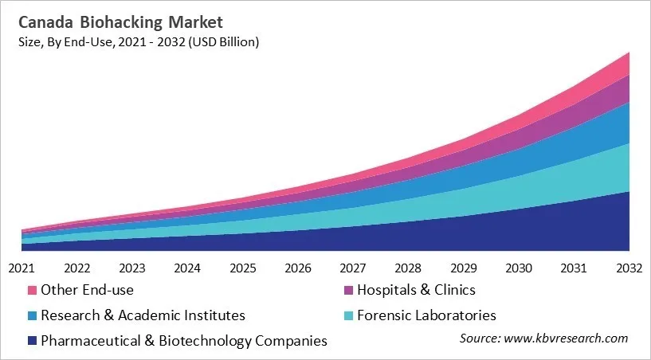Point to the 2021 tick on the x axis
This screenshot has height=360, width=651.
tap(22, 268)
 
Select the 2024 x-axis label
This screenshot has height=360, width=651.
tap(187, 268)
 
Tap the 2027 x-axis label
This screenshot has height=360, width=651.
tap(353, 268)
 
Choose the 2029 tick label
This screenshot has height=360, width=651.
tap(464, 268)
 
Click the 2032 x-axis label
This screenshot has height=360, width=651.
tap(629, 268)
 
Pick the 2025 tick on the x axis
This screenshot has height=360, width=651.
tap(242, 268)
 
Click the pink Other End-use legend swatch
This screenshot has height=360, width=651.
tap(32, 290)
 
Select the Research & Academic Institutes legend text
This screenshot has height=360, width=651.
tap(143, 315)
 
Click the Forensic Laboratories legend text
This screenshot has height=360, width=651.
tap(427, 315)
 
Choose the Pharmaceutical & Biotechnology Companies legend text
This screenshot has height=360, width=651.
tap(184, 341)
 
